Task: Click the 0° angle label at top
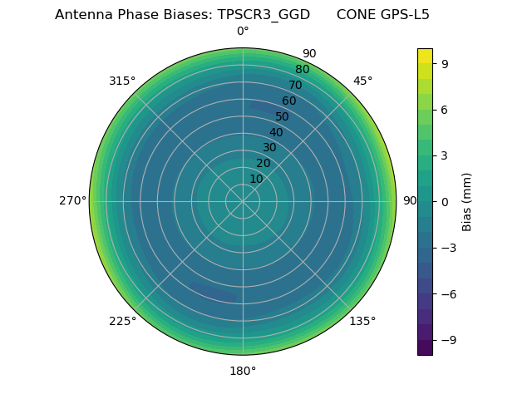[x=243, y=32]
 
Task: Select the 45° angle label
[x=362, y=81]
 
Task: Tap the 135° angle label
[x=362, y=321]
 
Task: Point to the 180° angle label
[x=243, y=371]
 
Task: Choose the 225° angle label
[x=122, y=321]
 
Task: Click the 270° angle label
[x=72, y=201]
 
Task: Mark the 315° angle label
[x=122, y=81]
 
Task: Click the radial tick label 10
[x=256, y=179]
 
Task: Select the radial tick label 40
[x=276, y=132]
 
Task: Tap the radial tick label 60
[x=288, y=101]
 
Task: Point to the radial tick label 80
[x=302, y=70]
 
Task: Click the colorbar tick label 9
[x=444, y=62]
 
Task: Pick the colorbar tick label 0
[x=444, y=201]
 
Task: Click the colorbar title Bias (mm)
[x=467, y=201]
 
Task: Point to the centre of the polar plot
[x=243, y=201]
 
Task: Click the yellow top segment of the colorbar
[x=425, y=55]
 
